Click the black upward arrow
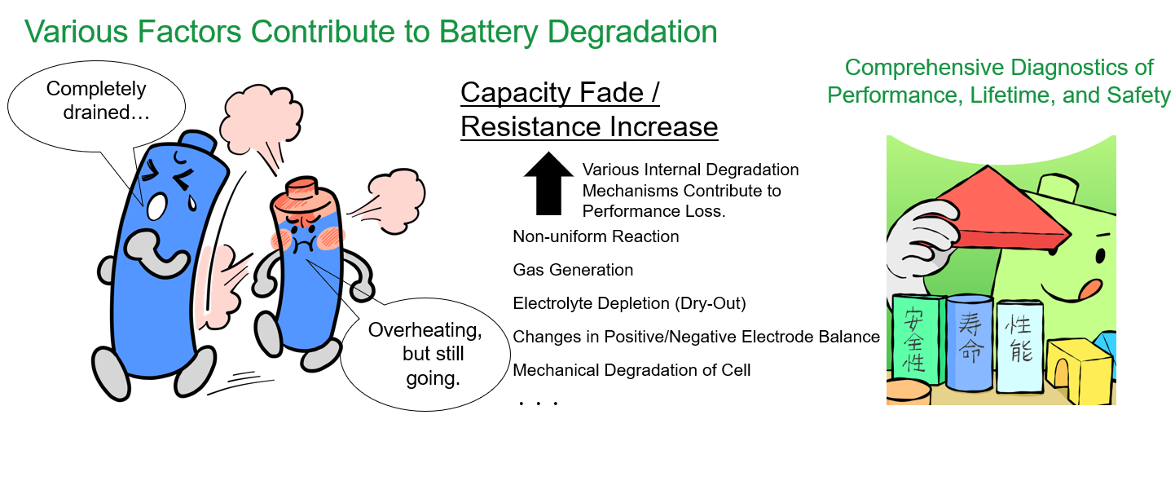[548, 183]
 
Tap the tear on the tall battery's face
[192, 202]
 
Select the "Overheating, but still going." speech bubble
[425, 354]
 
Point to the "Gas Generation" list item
[573, 270]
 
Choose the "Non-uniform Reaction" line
[596, 236]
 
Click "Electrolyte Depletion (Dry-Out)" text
[629, 303]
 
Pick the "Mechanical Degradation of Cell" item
[632, 370]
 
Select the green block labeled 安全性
[918, 339]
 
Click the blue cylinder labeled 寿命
[970, 342]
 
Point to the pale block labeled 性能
[1019, 346]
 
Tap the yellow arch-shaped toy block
[1078, 370]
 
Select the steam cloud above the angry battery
[261, 118]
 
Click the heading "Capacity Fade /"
[560, 93]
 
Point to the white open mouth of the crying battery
[156, 207]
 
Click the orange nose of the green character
[1089, 289]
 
